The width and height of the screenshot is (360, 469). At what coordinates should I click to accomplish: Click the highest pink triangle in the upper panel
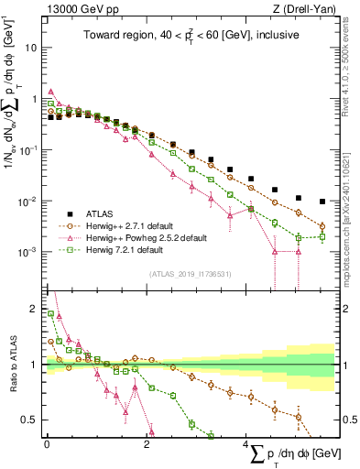[51, 92]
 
